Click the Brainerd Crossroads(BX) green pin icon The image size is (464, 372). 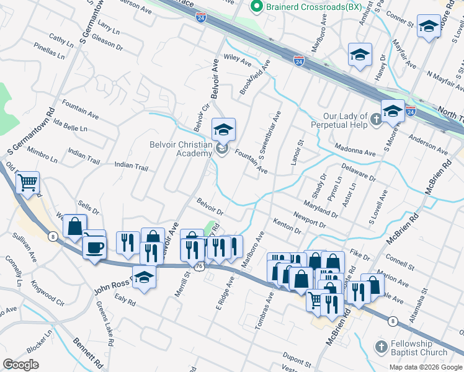pyautogui.click(x=254, y=7)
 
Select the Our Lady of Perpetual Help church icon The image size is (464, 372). pyautogui.click(x=375, y=118)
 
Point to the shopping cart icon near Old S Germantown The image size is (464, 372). pyautogui.click(x=27, y=183)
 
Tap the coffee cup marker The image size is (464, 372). pyautogui.click(x=94, y=247)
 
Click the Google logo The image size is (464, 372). pyautogui.click(x=21, y=365)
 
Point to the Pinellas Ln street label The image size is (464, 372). pyautogui.click(x=49, y=49)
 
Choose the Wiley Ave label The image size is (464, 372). pyautogui.click(x=237, y=60)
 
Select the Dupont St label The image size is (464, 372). pyautogui.click(x=297, y=358)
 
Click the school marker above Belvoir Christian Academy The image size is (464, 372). pyautogui.click(x=223, y=129)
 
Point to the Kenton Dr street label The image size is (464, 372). pyautogui.click(x=287, y=226)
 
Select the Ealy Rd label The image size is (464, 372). pyautogui.click(x=125, y=300)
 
